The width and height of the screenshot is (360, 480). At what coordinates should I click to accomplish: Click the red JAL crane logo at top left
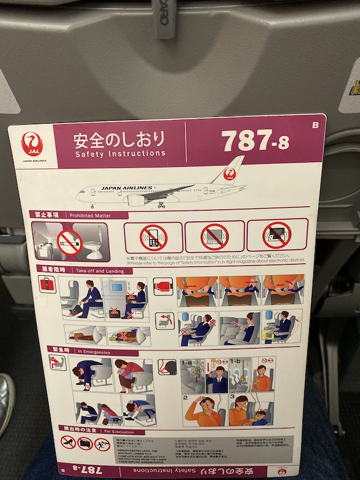[x=32, y=145]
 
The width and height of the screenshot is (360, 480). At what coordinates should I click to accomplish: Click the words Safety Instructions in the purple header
[x=120, y=154]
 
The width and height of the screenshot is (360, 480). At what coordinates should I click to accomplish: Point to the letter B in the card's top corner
[x=315, y=125]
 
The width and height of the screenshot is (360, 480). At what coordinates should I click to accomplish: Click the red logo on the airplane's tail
[x=229, y=174]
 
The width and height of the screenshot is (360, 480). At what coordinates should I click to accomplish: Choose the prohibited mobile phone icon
[x=152, y=237]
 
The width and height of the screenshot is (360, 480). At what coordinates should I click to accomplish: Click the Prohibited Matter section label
[x=90, y=215]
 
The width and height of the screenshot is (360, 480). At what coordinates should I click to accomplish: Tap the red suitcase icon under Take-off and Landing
[x=47, y=284]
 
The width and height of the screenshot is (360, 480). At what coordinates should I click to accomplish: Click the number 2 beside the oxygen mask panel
[x=186, y=398]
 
